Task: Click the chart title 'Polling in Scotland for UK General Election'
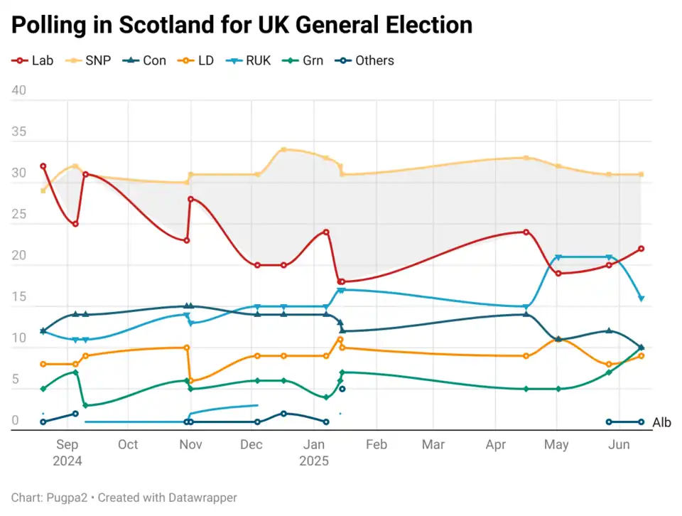(242, 26)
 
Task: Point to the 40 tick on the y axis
(18, 91)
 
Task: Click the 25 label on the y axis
(18, 215)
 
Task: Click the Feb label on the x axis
(376, 445)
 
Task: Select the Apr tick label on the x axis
(495, 445)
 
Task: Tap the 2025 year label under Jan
(314, 461)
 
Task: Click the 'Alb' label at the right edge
(661, 423)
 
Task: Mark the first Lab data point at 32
(43, 166)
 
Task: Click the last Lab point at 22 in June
(641, 249)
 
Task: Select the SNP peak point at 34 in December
(283, 149)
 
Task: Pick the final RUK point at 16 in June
(641, 299)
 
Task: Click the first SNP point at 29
(43, 190)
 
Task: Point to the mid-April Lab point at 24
(526, 232)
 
